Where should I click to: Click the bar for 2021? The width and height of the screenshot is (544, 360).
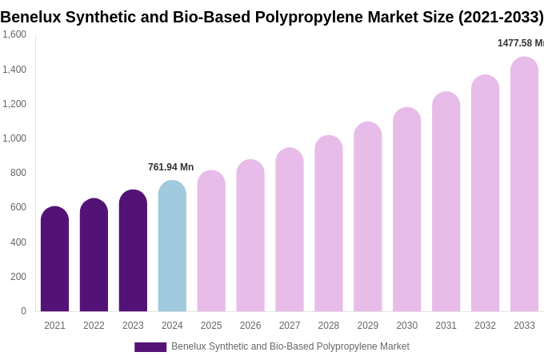54,259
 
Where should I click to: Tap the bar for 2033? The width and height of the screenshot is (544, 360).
524,184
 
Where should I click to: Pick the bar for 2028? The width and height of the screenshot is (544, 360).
329,224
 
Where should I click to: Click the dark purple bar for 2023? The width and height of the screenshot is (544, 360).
133,251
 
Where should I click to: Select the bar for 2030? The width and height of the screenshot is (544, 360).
406,210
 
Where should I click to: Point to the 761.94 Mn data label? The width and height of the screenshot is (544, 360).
170,167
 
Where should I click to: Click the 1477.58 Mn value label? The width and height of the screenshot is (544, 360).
520,43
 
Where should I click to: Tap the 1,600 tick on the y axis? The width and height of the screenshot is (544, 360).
14,34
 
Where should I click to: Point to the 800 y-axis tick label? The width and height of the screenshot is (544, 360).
18,173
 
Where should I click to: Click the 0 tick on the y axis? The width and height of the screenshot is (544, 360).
23,311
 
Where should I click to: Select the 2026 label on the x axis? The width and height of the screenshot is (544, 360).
250,326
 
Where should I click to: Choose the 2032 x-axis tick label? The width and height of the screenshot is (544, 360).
485,326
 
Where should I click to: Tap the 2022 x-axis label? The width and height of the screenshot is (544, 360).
94,326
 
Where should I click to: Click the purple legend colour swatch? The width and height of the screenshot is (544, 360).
150,347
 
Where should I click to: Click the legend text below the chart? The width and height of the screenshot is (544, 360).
290,346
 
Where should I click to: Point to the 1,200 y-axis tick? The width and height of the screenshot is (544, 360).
14,104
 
